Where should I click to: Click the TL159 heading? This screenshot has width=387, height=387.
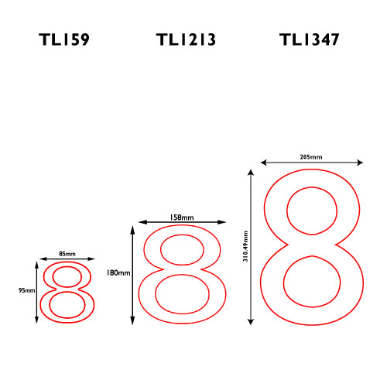point(64,39)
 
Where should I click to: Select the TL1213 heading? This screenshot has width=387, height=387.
point(186,39)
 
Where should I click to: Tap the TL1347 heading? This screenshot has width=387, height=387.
point(309,39)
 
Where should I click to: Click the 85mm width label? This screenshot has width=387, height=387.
point(67,254)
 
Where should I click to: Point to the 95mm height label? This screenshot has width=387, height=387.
point(26,290)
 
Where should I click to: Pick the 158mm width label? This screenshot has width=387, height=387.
point(182,217)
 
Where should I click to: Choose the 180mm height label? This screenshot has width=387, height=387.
point(118,272)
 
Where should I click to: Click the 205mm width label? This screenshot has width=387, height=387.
point(311,157)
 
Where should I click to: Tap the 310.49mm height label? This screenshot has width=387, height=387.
point(245,246)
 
